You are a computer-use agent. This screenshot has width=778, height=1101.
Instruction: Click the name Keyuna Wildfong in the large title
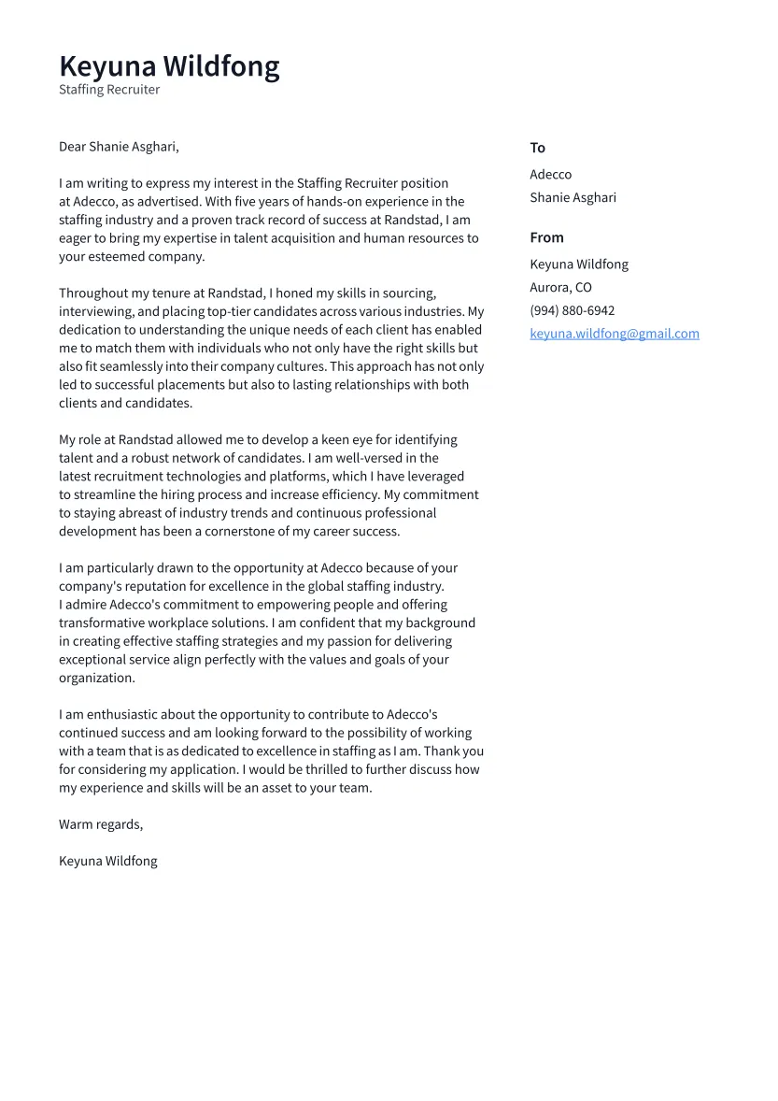tap(169, 66)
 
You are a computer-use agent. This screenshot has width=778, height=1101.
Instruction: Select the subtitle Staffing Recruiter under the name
tap(109, 90)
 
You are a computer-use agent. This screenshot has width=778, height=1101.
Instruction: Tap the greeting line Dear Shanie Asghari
tap(119, 147)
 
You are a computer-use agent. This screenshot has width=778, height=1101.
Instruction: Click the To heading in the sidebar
tap(537, 148)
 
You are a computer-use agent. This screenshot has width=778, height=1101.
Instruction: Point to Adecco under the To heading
tap(550, 175)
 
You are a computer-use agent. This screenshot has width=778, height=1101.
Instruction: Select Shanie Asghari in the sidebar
tap(573, 197)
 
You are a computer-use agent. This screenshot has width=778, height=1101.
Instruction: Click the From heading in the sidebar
tap(546, 237)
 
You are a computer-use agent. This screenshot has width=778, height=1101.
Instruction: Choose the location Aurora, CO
tap(560, 287)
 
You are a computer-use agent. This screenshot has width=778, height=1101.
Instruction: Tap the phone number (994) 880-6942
tap(572, 310)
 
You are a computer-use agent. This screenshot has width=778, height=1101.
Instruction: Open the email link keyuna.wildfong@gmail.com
tap(614, 334)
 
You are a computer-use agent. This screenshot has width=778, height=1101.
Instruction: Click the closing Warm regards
tap(100, 824)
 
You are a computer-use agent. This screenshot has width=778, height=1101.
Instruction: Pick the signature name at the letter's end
tap(107, 861)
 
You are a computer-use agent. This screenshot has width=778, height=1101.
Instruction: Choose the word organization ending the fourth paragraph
tap(96, 678)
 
